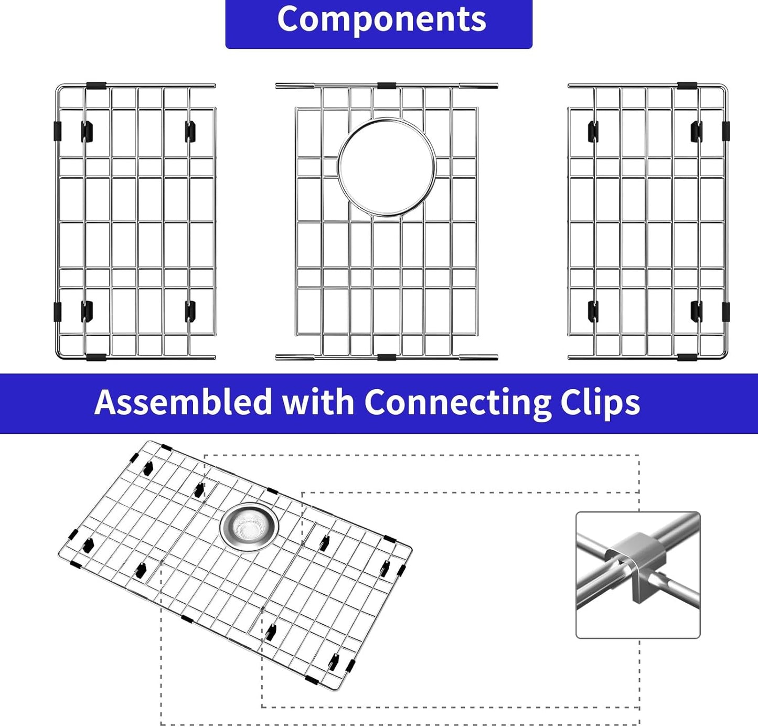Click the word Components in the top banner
click(381, 20)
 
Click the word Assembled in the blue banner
click(183, 402)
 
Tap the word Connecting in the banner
click(457, 402)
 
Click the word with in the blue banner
click(318, 402)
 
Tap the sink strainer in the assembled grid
click(249, 527)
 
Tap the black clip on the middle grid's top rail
click(387, 85)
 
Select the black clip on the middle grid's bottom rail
click(387, 357)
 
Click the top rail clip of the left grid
click(96, 85)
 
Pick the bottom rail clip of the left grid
click(96, 357)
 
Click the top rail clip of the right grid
click(687, 85)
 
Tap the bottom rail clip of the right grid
click(687, 357)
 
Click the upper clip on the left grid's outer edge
click(57, 131)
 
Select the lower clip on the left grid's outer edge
click(57, 312)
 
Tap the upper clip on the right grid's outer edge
click(725, 131)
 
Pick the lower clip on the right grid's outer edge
click(725, 312)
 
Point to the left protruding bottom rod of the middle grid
click(295, 357)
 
